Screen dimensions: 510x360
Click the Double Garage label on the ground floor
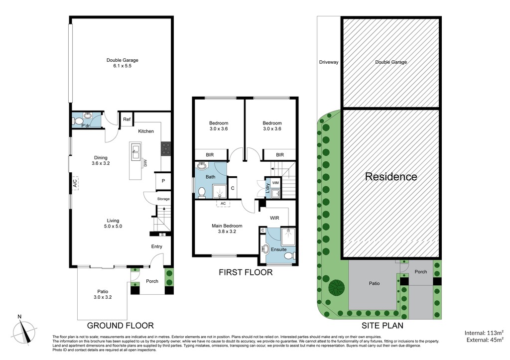tap(123, 63)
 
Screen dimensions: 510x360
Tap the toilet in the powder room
tap(77, 121)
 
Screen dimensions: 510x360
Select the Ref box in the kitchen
tap(127, 119)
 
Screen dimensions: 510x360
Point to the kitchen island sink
tap(135, 152)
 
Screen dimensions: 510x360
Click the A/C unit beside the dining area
tap(75, 184)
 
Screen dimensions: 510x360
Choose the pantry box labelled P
tap(163, 181)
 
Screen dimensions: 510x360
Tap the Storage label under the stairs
tap(163, 199)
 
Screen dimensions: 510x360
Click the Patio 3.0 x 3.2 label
tap(103, 294)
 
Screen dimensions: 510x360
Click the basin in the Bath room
tap(202, 166)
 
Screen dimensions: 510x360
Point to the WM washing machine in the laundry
tap(275, 183)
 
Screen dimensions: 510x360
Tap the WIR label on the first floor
tap(274, 218)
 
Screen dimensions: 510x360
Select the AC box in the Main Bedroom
tap(223, 204)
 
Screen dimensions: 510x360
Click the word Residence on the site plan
tap(391, 177)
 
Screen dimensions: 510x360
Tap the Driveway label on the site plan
tap(329, 62)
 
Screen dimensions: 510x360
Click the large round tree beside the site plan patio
tap(336, 287)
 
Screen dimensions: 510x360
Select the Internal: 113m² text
tap(484, 333)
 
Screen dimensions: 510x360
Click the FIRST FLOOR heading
tap(246, 272)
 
